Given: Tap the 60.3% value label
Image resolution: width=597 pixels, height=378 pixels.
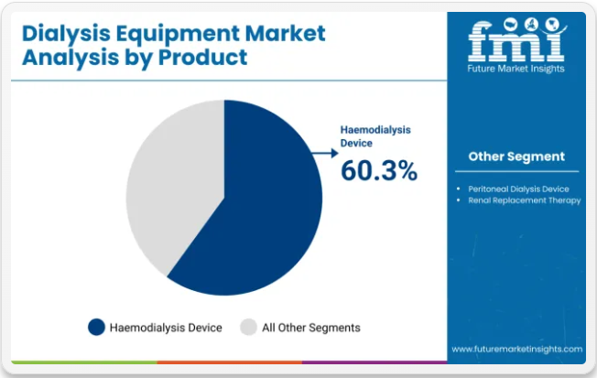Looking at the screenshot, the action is click(379, 170).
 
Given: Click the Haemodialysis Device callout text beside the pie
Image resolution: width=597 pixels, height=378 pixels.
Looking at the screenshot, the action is click(375, 136).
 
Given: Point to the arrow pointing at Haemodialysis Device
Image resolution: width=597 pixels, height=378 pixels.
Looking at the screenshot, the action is click(325, 153).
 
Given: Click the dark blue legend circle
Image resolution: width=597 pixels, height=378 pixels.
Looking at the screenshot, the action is click(96, 328).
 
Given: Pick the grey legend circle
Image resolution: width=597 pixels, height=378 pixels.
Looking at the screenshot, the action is click(249, 328).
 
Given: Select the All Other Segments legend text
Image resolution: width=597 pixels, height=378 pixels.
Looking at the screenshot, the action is click(311, 328).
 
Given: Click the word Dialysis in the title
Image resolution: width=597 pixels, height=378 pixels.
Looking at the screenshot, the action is click(66, 34).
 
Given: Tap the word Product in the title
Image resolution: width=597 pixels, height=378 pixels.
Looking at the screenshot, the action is click(202, 58).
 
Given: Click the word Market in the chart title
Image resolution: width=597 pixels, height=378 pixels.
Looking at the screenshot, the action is click(285, 33).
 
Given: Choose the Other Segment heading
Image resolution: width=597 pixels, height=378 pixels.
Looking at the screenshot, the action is click(516, 157).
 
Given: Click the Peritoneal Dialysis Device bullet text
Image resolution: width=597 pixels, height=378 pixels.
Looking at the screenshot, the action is click(518, 189).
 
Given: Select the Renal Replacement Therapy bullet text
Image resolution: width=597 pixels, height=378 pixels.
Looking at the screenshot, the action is click(525, 200).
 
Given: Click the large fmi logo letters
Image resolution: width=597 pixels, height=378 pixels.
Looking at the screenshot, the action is click(516, 40).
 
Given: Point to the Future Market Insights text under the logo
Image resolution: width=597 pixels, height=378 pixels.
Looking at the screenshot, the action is click(516, 69).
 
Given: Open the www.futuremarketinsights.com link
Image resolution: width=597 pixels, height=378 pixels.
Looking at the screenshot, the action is click(517, 349).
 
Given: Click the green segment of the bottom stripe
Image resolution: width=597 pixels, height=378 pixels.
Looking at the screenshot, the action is click(84, 362).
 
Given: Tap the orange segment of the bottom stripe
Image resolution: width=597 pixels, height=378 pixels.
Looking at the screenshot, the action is click(230, 362).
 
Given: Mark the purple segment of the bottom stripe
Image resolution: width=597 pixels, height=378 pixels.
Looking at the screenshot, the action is click(374, 362).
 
